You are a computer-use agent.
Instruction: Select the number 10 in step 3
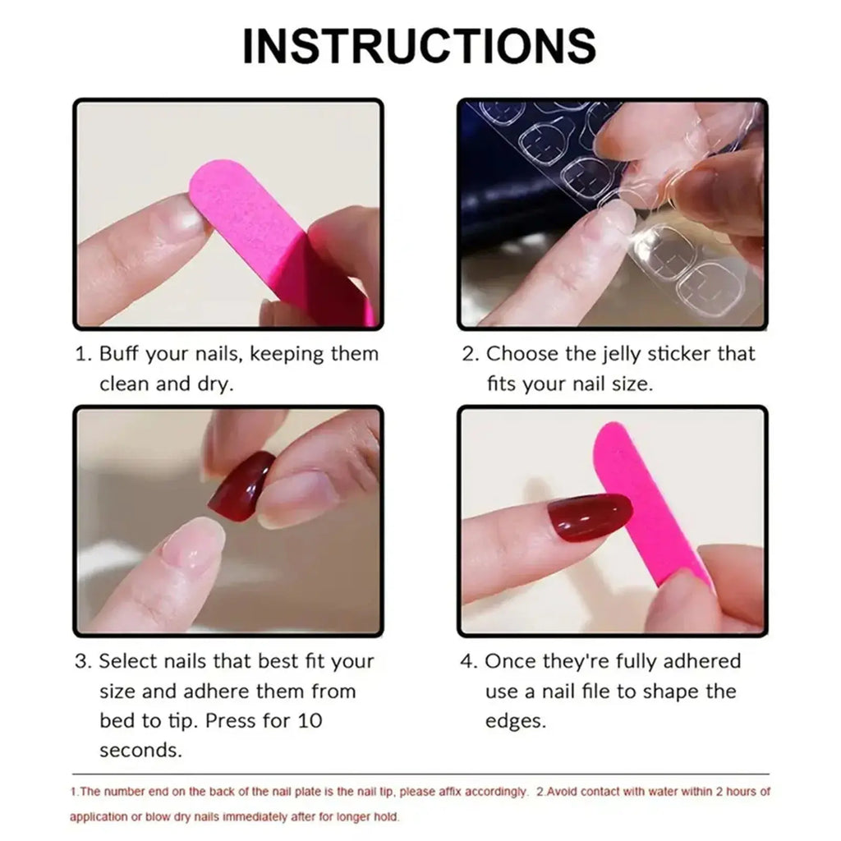click(x=310, y=720)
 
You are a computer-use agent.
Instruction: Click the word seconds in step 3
click(x=140, y=750)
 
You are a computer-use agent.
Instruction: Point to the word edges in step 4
click(x=516, y=720)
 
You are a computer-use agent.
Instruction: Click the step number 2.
click(x=469, y=355)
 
